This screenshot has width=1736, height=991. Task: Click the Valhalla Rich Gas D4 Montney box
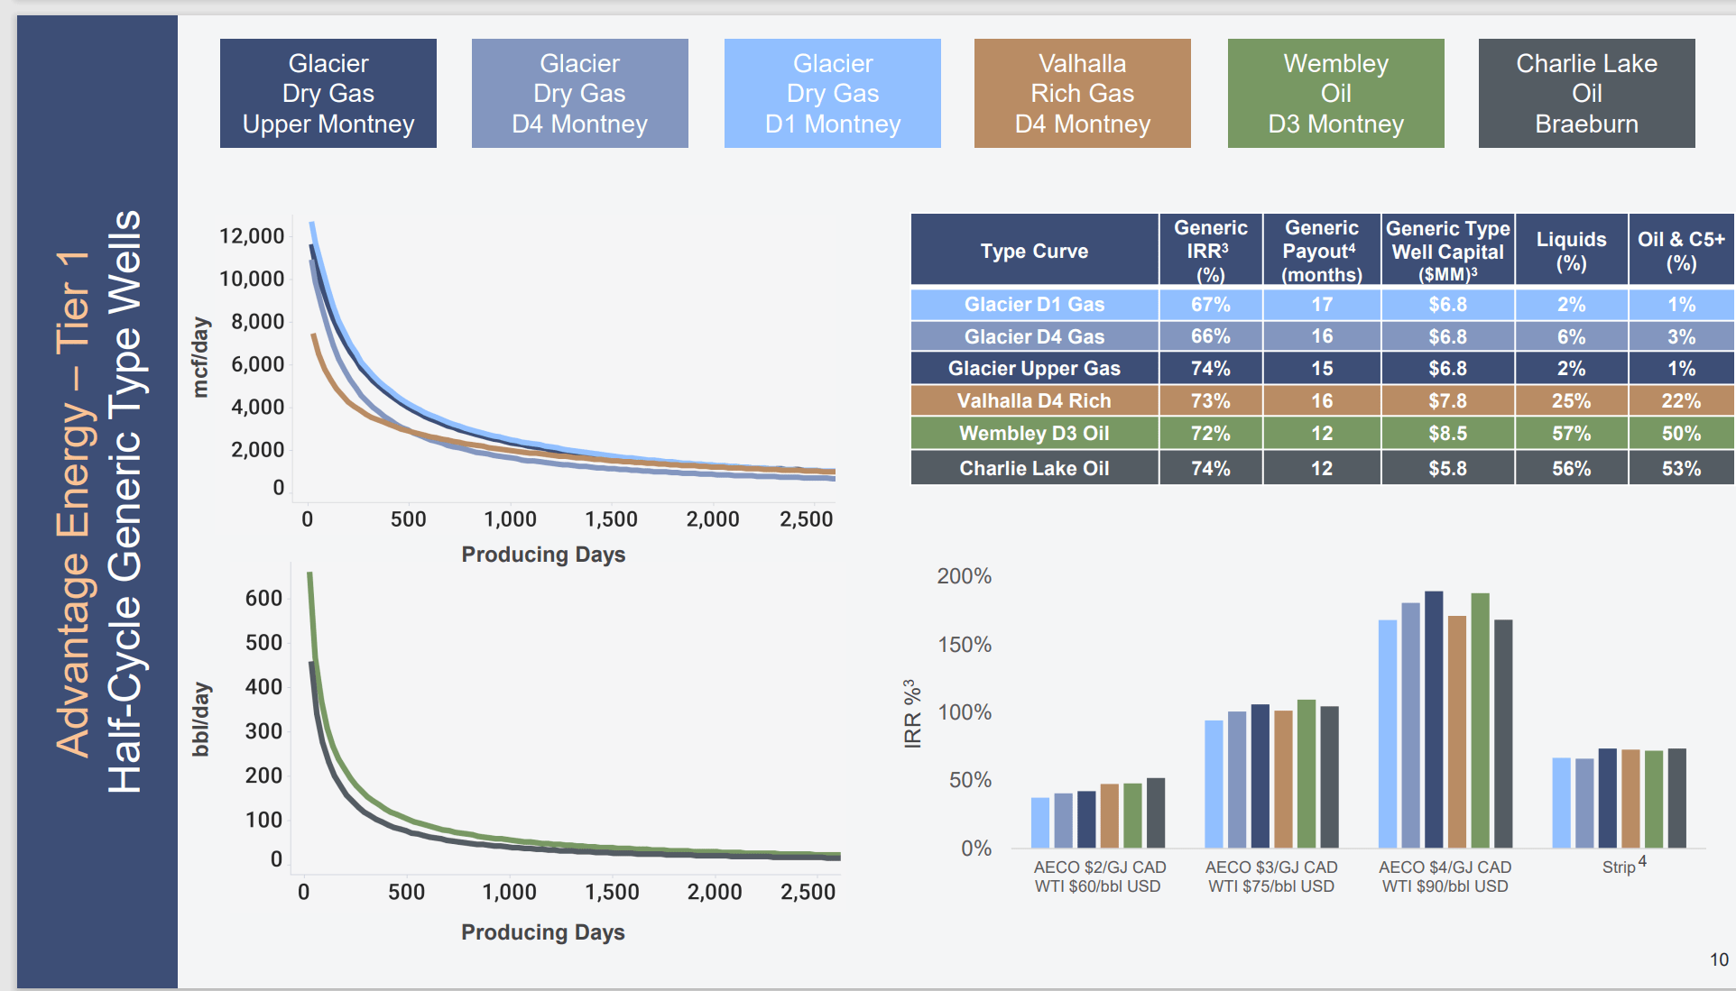(1082, 93)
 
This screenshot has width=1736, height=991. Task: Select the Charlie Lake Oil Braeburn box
(1586, 93)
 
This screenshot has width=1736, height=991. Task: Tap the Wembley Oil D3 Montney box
(1335, 93)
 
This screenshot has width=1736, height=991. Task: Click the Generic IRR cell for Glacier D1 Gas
(1210, 304)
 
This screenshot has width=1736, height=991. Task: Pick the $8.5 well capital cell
(1447, 433)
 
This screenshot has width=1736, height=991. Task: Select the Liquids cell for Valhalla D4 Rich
(1571, 400)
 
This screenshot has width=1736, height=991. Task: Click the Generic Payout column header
(1321, 251)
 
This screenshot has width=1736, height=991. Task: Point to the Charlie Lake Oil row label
(1034, 468)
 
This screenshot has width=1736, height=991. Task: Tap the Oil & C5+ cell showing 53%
(1681, 468)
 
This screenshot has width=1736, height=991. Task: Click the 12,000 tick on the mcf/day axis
(252, 236)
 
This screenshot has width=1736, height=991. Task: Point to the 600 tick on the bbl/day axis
(263, 598)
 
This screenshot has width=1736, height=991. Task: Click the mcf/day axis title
(200, 357)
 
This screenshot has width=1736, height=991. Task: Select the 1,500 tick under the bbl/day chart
(612, 892)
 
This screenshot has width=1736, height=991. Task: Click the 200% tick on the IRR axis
(964, 576)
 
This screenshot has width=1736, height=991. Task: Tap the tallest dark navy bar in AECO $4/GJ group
(1434, 719)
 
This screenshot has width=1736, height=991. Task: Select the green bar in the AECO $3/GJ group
(1306, 773)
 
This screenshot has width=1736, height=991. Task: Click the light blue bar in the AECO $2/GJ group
(1040, 821)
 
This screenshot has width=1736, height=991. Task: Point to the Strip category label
(1620, 867)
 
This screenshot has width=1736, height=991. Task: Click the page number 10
(1719, 959)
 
